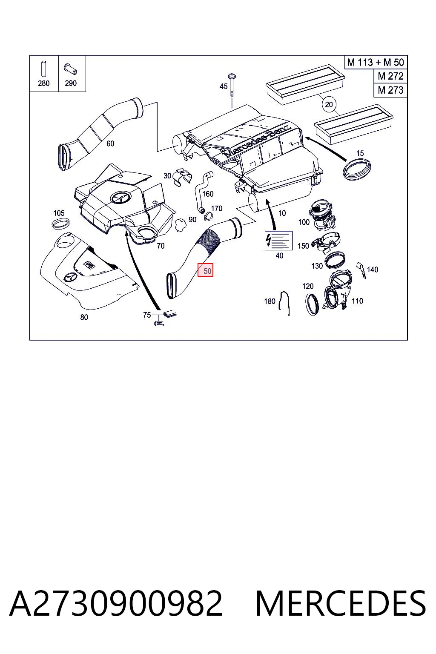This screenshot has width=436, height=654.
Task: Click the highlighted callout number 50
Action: (206, 270)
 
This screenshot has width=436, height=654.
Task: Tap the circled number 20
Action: (329, 104)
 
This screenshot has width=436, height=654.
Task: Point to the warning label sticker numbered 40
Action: (278, 241)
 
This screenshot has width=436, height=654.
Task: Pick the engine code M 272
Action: (390, 76)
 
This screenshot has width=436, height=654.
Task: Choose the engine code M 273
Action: (390, 90)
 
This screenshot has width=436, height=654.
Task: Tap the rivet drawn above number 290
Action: (70, 69)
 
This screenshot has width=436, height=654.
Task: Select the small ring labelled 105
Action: (60, 224)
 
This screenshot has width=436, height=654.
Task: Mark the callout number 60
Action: (110, 143)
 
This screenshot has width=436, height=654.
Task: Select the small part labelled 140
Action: (361, 270)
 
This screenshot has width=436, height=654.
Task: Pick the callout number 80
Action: (84, 317)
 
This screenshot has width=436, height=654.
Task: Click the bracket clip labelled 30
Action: (183, 177)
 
